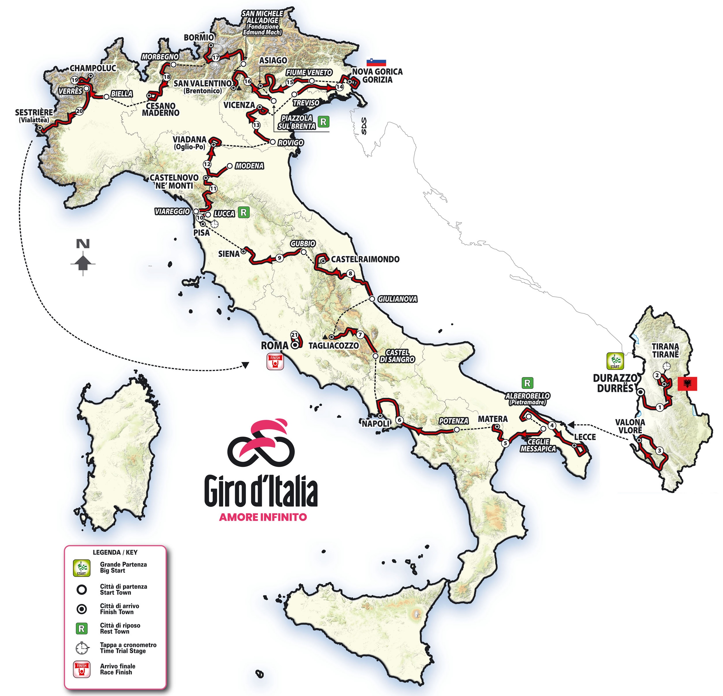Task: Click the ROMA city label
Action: pos(274,346)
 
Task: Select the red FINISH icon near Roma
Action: pos(275,362)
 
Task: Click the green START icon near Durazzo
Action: pos(615,361)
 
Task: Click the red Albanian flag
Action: pos(687,384)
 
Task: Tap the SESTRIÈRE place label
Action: pos(34,113)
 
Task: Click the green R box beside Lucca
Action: pos(244,212)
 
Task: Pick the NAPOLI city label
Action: pos(376,424)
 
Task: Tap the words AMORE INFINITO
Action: pos(263,517)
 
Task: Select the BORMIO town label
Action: pos(199,37)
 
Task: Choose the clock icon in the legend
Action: pos(82,648)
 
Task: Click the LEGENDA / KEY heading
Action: pos(115,552)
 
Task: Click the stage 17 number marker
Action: pos(216,58)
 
